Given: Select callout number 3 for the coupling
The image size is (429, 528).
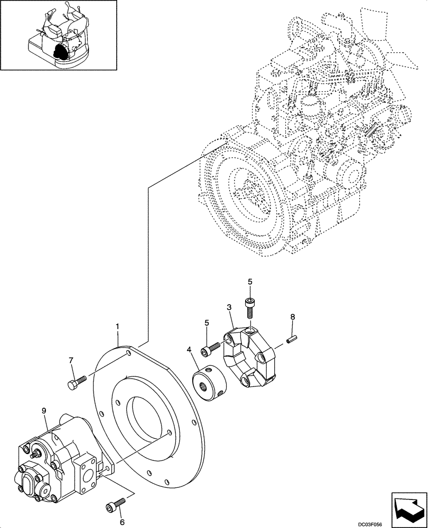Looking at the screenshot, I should pos(229,307).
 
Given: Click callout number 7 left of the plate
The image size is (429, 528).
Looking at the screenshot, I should pos(72,361).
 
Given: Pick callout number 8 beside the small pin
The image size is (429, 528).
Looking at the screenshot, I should pos(292,318).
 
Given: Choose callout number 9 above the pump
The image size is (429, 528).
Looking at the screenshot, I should pos(44,410).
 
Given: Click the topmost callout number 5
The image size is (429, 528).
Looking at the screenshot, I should pos(250,282).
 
